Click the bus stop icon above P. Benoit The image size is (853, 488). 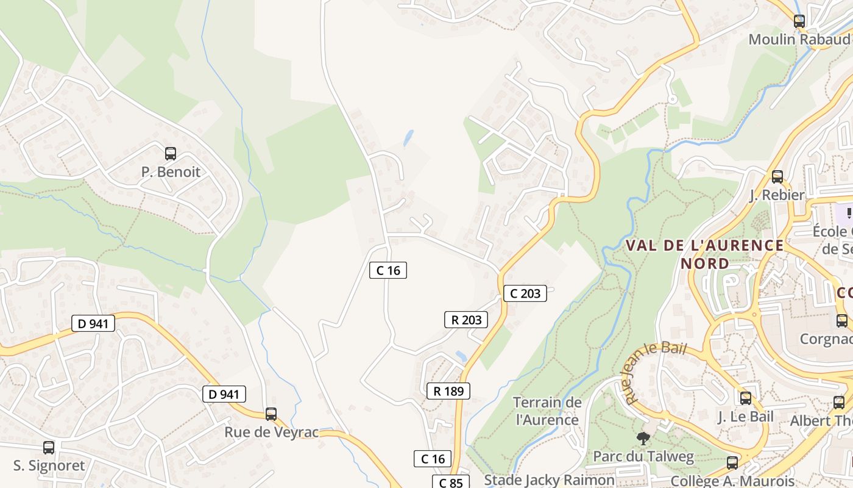click(x=171, y=154)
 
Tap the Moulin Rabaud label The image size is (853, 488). click(x=798, y=39)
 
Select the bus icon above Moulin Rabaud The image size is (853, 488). click(x=799, y=21)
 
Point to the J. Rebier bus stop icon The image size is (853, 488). click(x=777, y=177)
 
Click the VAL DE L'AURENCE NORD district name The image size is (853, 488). click(x=705, y=254)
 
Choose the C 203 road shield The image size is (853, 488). click(x=525, y=293)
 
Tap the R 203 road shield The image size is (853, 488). click(x=466, y=320)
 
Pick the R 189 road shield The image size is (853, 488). click(x=448, y=391)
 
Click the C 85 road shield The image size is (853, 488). click(x=451, y=483)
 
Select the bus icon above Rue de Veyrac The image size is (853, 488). click(x=271, y=414)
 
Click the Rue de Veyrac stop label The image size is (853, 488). click(x=271, y=432)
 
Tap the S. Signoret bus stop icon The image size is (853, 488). click(x=49, y=448)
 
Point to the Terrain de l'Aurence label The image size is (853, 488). click(x=547, y=411)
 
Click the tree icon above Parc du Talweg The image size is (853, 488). click(x=643, y=438)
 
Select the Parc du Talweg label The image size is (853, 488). click(x=643, y=456)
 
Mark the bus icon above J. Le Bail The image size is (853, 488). click(x=746, y=398)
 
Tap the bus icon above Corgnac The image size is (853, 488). click(x=842, y=321)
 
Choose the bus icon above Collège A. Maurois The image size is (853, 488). click(x=732, y=463)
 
